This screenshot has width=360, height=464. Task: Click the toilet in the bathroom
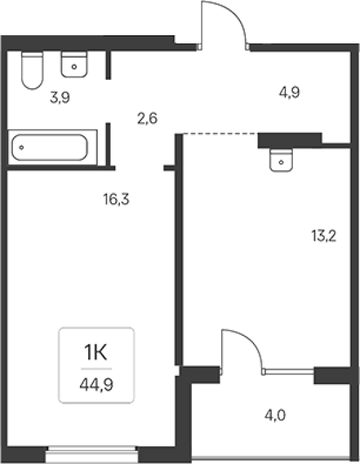point(33,70)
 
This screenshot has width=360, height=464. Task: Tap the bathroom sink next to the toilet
point(74,64)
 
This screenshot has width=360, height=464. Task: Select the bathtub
point(52,147)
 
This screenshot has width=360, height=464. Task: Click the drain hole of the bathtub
point(21,147)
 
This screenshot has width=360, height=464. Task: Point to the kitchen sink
point(281,160)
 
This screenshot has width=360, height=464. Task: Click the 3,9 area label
point(60,98)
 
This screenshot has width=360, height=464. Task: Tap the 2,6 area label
point(147,119)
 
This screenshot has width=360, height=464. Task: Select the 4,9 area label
point(289,93)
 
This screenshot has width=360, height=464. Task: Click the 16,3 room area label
point(116,199)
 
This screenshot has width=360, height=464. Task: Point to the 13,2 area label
point(324,236)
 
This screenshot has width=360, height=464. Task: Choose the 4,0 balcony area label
point(275,415)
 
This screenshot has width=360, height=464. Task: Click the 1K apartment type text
point(96,353)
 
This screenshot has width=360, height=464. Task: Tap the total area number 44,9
point(96,385)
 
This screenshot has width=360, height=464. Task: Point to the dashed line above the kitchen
point(220,133)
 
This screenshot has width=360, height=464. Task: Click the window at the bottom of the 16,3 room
point(92,456)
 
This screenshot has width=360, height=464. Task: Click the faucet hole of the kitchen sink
point(281,162)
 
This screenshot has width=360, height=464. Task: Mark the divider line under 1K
point(96,369)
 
